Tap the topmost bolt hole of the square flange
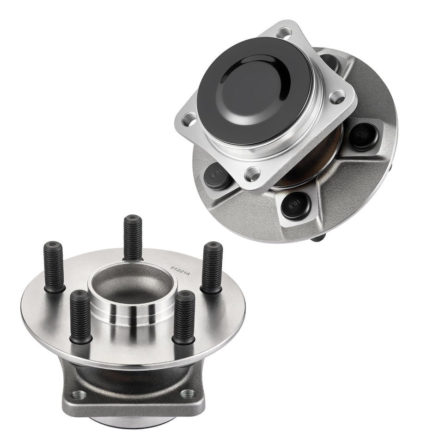click(284, 33)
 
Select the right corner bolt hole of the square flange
click(338, 97)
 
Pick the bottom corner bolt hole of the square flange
click(252, 174)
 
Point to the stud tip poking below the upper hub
click(318, 238)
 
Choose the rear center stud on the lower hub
click(133, 237)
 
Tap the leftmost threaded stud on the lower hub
click(54, 267)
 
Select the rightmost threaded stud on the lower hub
click(212, 267)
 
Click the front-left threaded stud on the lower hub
click(81, 317)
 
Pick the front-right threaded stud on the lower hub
click(184, 317)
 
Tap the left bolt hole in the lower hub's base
click(79, 395)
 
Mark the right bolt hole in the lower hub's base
click(187, 394)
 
